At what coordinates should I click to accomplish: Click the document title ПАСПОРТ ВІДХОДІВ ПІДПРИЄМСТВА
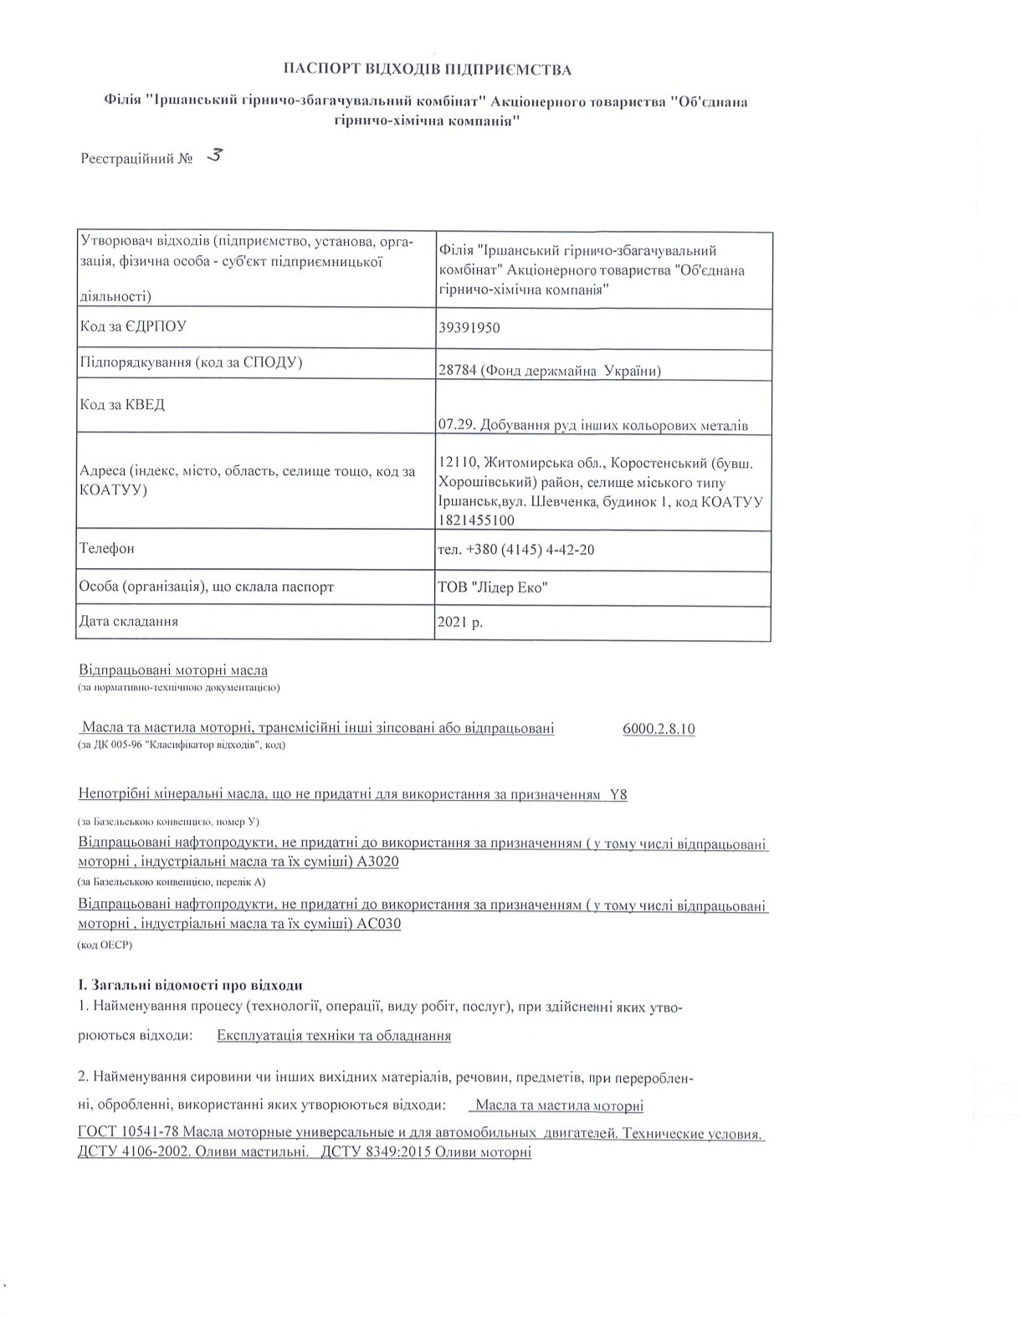tap(427, 69)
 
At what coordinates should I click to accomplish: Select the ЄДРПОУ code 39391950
tap(469, 328)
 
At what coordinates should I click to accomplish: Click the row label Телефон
tap(106, 549)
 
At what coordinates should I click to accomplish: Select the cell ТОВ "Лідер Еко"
tap(493, 587)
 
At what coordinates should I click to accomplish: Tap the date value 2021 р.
tap(460, 623)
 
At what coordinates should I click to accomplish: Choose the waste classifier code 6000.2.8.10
tap(659, 729)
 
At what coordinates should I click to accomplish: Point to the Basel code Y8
tap(618, 795)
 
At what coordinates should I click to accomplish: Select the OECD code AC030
tap(379, 925)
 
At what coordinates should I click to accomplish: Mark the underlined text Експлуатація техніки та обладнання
tap(334, 1036)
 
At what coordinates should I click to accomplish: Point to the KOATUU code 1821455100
tap(476, 520)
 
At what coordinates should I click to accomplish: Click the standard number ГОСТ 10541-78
tap(128, 1134)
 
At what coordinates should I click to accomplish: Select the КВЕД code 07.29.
tap(453, 426)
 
